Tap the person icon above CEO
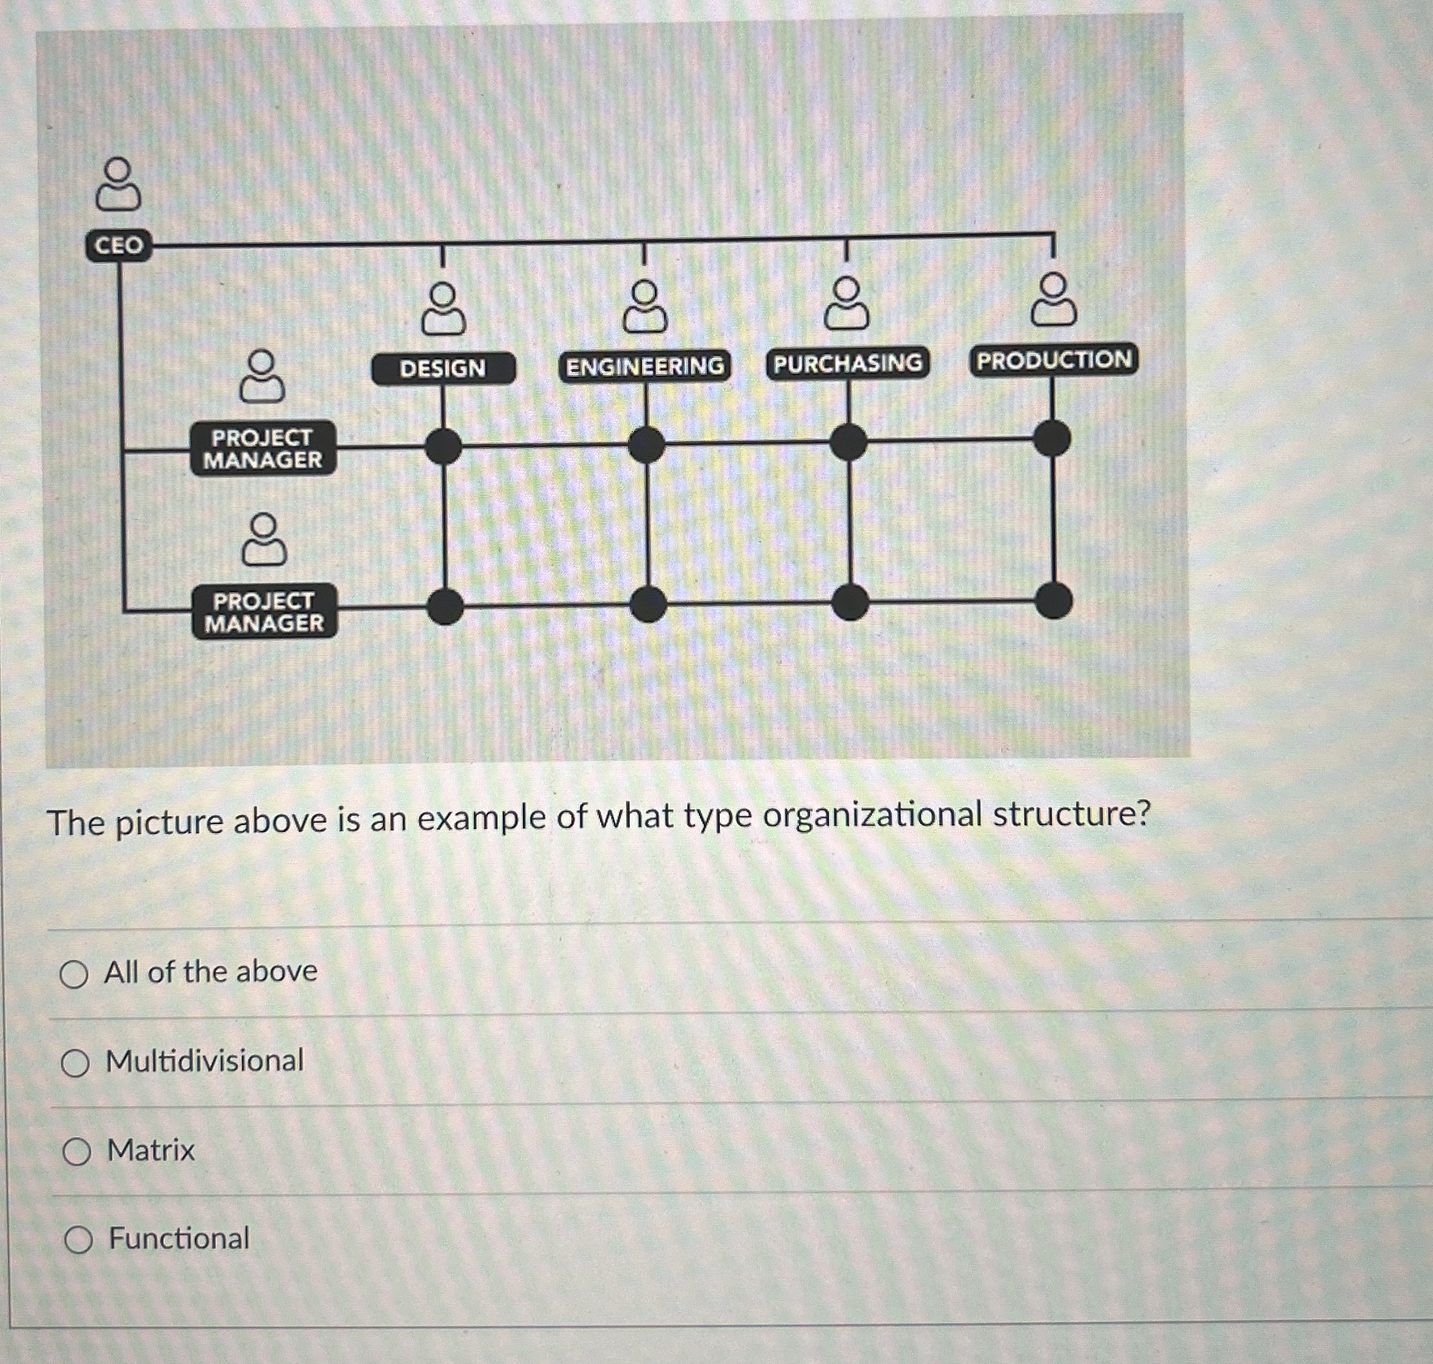point(118,185)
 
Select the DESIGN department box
point(443,369)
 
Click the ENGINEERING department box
point(644,366)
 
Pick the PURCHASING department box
point(847,363)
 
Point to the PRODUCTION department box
point(1054,360)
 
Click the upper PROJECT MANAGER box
point(263,449)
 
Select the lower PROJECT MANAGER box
point(264,611)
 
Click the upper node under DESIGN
point(444,446)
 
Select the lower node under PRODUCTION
point(1054,600)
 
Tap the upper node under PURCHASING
point(849,442)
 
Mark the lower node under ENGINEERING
point(648,604)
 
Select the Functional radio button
point(79,1240)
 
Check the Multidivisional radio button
point(75,1063)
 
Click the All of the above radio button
point(74,974)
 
